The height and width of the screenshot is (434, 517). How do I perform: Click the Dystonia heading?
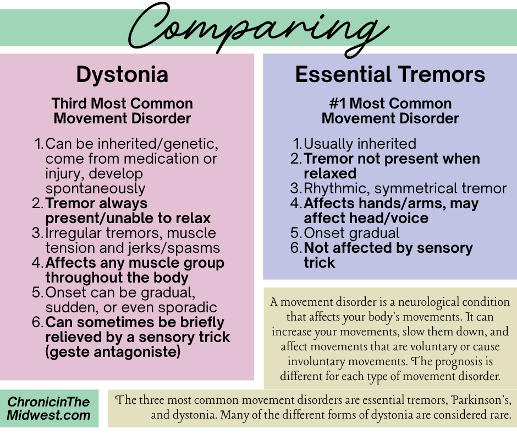[x=122, y=75]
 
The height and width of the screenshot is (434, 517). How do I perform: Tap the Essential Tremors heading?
[x=390, y=75]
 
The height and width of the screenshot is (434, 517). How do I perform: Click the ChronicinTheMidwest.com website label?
[x=49, y=408]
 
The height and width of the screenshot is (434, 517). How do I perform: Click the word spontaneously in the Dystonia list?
[x=95, y=188]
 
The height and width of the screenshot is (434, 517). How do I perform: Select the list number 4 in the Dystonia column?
[x=37, y=263]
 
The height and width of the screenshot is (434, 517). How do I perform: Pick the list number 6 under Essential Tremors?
[x=296, y=248]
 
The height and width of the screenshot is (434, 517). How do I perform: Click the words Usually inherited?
[x=360, y=144]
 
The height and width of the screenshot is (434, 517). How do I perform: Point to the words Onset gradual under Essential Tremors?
[x=351, y=233]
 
